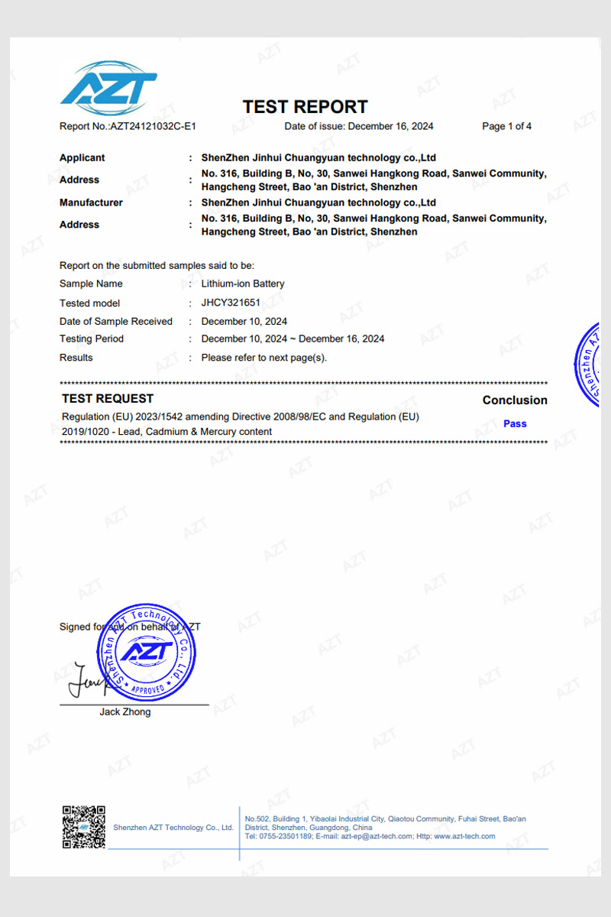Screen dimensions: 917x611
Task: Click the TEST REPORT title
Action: [305, 107]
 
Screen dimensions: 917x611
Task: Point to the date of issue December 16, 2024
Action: [390, 127]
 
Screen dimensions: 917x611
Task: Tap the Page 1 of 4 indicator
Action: [506, 127]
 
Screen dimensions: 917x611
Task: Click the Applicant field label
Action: [82, 158]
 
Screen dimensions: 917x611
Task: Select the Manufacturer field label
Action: [91, 203]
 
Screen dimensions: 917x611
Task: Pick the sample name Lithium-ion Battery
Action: [243, 284]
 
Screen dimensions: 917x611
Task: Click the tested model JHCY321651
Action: [231, 303]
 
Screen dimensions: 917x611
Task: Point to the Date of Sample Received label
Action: [116, 322]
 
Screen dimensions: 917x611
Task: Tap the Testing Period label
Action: [92, 339]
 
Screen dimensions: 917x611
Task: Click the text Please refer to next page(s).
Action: [264, 358]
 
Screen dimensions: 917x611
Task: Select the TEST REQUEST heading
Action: [108, 399]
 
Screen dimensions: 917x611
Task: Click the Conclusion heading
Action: [515, 400]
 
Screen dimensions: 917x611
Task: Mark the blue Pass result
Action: [515, 424]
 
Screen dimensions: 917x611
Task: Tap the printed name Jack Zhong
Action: [125, 712]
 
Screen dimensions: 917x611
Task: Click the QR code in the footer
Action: [83, 826]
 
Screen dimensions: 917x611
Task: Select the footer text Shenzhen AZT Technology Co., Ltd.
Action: [173, 828]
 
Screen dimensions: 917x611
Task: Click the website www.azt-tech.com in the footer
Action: [464, 837]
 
